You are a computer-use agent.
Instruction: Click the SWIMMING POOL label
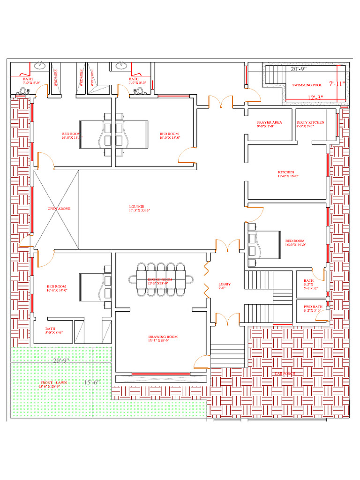pos(307,85)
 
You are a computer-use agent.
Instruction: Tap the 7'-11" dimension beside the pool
pos(337,84)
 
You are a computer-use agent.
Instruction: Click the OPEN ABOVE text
pos(59,209)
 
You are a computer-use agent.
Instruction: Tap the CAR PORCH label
pos(285,373)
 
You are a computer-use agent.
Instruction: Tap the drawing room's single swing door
pos(202,362)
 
